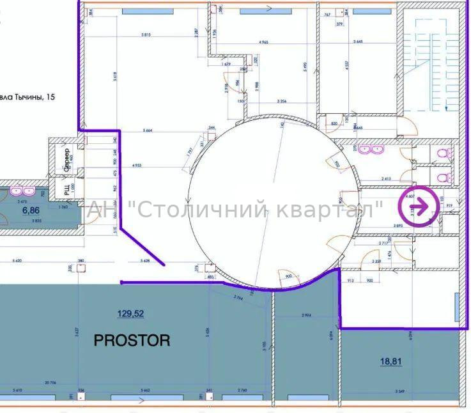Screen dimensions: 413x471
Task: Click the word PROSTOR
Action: click(132, 340)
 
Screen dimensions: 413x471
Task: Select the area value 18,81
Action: click(392, 361)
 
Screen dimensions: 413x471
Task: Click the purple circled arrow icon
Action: click(419, 205)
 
